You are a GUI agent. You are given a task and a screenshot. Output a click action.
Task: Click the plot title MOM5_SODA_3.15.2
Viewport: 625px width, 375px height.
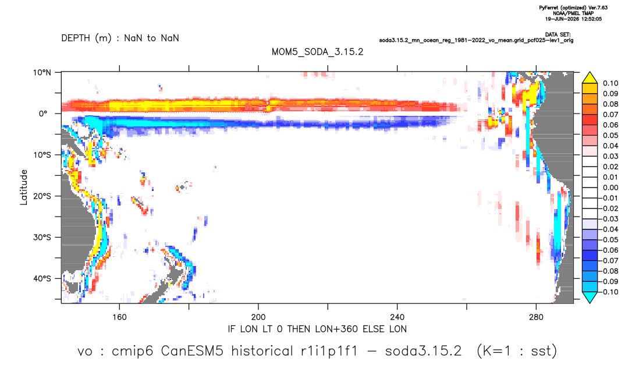click(317, 52)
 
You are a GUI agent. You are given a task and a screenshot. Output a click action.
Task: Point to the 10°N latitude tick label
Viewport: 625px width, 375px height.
click(42, 72)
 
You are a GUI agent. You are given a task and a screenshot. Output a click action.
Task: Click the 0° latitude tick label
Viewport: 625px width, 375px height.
click(43, 114)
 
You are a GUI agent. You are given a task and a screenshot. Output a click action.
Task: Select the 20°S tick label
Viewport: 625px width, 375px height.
click(42, 196)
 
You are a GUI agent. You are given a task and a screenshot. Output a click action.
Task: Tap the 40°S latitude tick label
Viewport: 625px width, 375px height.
click(42, 278)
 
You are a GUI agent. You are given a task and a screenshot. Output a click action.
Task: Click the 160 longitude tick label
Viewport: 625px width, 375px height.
click(119, 317)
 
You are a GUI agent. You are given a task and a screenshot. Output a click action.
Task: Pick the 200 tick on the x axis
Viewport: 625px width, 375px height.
click(258, 317)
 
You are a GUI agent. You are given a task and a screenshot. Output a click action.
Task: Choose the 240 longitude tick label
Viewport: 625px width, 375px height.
click(397, 317)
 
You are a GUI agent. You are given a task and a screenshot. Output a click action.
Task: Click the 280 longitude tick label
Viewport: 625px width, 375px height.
click(536, 317)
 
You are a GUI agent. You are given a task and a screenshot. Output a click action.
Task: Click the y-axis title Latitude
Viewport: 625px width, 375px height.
click(23, 187)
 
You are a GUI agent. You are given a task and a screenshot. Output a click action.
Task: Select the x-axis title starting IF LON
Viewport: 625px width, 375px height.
click(317, 329)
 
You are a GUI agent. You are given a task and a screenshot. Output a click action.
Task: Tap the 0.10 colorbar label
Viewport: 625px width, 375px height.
click(610, 83)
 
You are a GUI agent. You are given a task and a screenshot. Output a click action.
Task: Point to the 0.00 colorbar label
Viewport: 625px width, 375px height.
click(610, 187)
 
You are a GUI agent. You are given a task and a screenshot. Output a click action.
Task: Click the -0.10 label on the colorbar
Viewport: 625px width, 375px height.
click(609, 292)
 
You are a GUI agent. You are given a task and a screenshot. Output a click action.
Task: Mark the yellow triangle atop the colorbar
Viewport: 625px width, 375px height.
click(590, 78)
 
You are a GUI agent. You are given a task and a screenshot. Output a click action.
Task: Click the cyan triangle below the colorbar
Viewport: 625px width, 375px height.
click(590, 297)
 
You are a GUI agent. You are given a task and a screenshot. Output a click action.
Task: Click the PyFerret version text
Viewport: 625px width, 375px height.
click(573, 8)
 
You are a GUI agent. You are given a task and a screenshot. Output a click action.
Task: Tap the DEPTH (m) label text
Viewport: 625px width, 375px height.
click(87, 38)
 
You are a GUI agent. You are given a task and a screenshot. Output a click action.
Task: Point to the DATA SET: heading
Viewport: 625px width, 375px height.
click(557, 35)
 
